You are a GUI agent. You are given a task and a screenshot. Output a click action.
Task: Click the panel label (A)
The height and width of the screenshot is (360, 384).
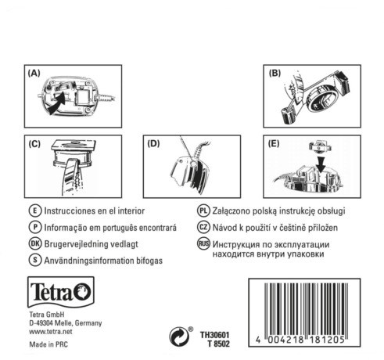pos(34,73)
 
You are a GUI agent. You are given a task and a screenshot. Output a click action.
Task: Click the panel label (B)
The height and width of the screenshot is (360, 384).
pos(275,73)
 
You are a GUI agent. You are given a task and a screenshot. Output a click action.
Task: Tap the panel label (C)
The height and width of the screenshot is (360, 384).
pos(34,144)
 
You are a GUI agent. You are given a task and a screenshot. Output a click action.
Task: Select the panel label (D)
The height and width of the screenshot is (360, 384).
pos(154,144)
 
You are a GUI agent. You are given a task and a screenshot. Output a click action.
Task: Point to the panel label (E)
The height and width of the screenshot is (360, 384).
pos(274,144)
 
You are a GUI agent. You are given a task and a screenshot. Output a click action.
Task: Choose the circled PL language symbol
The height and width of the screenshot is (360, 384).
pos(203,211)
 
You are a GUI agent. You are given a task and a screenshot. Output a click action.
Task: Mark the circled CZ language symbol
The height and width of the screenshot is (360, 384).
pos(203,227)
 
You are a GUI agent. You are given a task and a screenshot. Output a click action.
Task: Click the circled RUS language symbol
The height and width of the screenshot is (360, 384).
pos(203,243)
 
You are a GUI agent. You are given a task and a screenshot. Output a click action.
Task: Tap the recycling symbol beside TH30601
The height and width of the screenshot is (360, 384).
pos(178,337)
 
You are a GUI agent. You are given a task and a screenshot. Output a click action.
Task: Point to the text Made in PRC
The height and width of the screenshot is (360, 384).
pos(48,347)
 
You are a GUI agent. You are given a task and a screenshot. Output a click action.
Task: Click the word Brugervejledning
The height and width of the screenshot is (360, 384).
pos(81,243)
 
